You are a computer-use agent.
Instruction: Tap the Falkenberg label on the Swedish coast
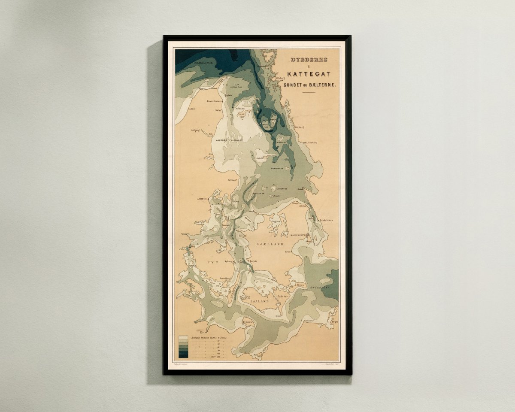[310, 142]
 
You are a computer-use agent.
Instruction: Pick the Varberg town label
[299, 127]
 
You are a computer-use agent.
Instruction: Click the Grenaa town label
[233, 180]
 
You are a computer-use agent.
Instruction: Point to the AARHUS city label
[202, 199]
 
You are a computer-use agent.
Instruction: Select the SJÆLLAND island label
[270, 244]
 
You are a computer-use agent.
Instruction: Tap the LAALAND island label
[259, 301]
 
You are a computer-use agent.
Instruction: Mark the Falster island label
[282, 297]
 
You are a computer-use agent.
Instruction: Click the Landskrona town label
[326, 220]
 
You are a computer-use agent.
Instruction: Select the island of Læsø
[242, 115]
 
